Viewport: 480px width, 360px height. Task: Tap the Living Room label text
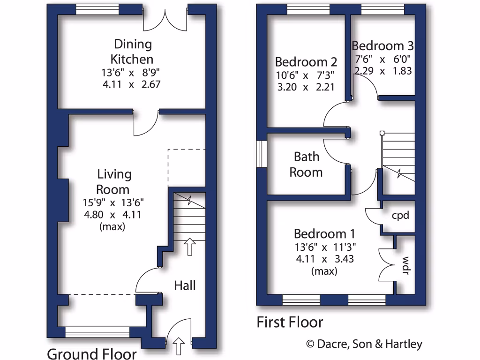tap(114, 182)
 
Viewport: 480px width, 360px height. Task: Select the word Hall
tap(185, 285)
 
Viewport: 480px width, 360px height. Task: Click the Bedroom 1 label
tap(324, 233)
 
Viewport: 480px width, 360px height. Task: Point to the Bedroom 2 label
tap(306, 62)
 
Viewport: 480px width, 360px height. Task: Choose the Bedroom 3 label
tap(382, 46)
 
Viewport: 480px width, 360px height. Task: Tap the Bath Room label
tap(306, 164)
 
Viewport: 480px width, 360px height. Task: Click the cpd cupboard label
tap(400, 216)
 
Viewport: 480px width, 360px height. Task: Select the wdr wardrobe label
tap(405, 265)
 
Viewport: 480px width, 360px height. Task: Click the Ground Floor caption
tap(92, 353)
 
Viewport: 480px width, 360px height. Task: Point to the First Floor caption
tap(290, 322)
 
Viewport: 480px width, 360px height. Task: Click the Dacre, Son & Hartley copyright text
tap(364, 345)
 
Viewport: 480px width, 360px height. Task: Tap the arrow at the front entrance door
tap(179, 347)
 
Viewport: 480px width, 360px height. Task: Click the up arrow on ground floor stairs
tap(189, 247)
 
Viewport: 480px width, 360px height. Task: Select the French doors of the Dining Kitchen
tap(165, 19)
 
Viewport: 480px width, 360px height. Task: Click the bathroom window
tap(262, 153)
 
